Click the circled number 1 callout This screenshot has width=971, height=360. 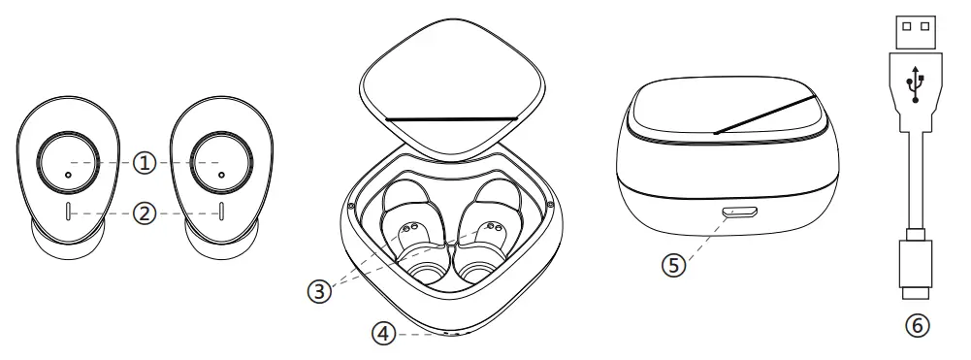(145, 163)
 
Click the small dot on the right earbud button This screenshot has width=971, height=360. (222, 174)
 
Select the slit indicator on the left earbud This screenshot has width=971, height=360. (66, 213)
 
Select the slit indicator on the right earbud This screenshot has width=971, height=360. (222, 213)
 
